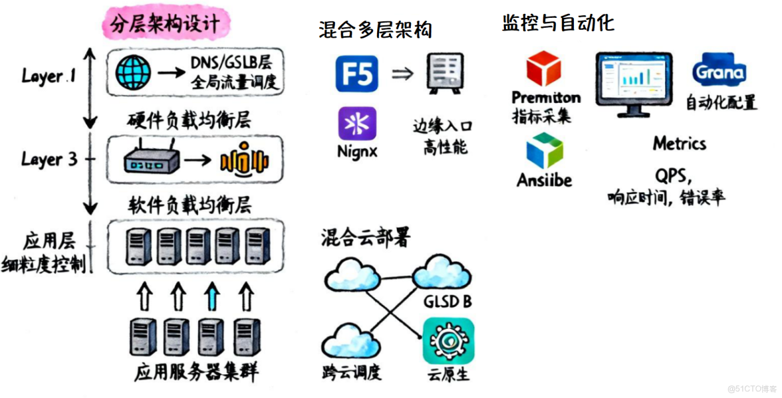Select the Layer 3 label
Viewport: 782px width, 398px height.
coord(48,160)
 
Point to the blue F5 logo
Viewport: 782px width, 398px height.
coord(357,74)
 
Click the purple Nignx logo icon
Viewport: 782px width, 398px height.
coord(357,123)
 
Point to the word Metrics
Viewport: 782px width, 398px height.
coord(679,143)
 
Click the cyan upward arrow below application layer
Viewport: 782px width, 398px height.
coord(211,298)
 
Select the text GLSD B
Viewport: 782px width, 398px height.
coord(448,302)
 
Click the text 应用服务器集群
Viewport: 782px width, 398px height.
coord(196,373)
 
